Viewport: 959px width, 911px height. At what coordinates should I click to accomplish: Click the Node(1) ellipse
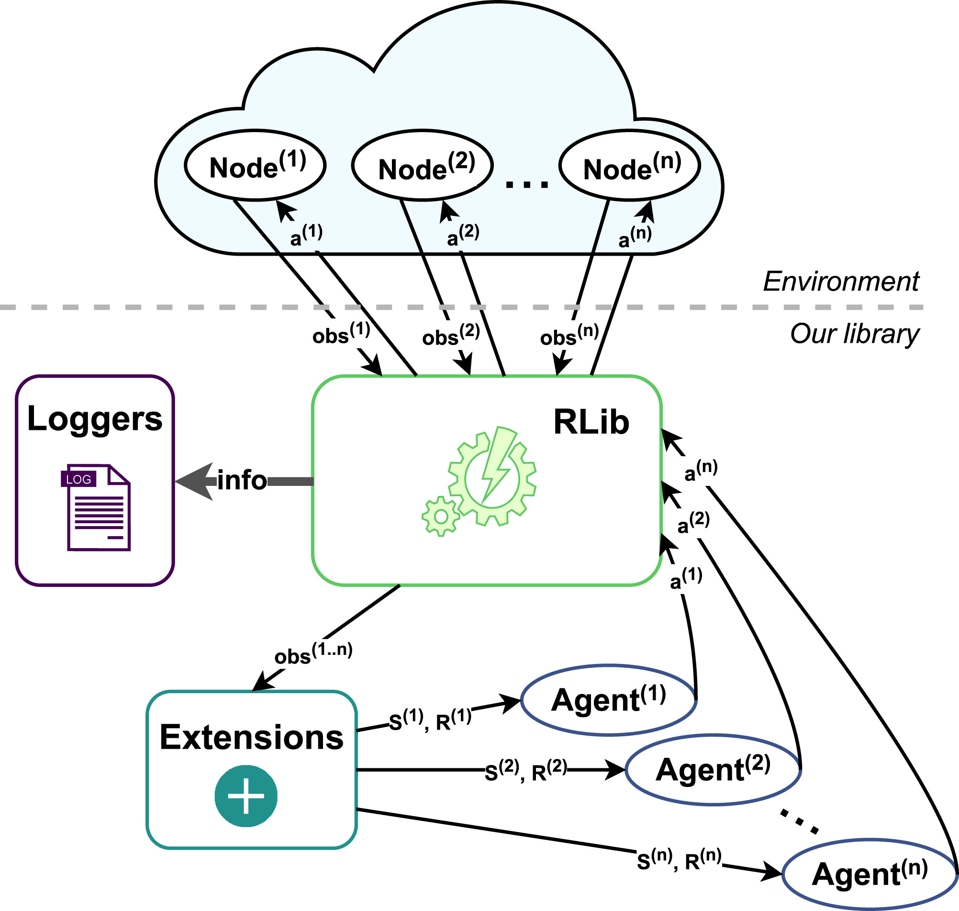click(255, 166)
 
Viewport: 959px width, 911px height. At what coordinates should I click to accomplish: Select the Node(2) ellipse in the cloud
click(422, 166)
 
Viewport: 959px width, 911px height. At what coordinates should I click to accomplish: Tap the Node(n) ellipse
click(629, 166)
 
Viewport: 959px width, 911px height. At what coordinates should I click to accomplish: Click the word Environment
click(841, 281)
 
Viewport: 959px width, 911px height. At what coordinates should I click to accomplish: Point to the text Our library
click(854, 334)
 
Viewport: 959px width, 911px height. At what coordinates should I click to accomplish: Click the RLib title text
click(591, 422)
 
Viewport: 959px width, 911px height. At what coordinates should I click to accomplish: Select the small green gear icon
click(440, 516)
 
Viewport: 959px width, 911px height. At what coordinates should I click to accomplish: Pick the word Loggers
click(95, 419)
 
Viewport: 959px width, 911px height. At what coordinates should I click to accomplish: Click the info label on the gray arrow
click(242, 481)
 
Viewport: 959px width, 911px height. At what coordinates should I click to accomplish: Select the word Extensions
click(251, 738)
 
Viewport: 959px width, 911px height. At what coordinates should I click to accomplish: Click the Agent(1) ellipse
click(609, 700)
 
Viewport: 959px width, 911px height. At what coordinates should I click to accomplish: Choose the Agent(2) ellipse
click(713, 770)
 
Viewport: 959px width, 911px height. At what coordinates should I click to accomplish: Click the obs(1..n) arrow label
click(313, 653)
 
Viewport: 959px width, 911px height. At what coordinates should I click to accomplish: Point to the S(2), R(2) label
click(525, 771)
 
